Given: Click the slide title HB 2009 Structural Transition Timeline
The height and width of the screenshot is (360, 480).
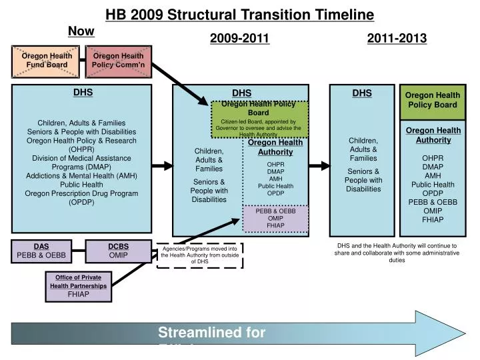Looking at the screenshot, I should pos(240,14).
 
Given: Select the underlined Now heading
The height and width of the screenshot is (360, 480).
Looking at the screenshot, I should pos(81,31).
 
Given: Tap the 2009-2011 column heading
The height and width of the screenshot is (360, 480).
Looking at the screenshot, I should pos(239,39).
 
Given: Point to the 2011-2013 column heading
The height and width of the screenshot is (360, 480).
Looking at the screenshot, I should pos(397,39).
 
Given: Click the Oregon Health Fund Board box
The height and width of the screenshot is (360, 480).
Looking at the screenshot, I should pos(44,61).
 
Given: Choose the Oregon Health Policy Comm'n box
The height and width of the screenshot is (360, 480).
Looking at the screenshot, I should pos(118,61).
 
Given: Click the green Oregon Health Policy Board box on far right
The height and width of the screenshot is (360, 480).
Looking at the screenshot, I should pos(432,101).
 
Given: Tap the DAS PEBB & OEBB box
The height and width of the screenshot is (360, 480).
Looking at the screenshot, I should pos(41,251).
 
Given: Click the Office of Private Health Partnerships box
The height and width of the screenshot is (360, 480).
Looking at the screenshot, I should pos(78,285).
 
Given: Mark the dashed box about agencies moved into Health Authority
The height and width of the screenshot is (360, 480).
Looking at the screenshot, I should pos(199,255).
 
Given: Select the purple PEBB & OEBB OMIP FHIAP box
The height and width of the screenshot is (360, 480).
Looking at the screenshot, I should pos(275,219).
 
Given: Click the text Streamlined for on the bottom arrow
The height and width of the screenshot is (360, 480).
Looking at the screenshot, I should pos(211,333).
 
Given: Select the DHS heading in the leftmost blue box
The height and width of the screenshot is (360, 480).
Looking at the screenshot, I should pos(83,93).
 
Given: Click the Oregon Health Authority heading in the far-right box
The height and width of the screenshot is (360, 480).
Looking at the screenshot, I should pos(433,135).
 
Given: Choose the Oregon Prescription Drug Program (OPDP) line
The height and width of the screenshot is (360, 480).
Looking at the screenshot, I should pos(83,198).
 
